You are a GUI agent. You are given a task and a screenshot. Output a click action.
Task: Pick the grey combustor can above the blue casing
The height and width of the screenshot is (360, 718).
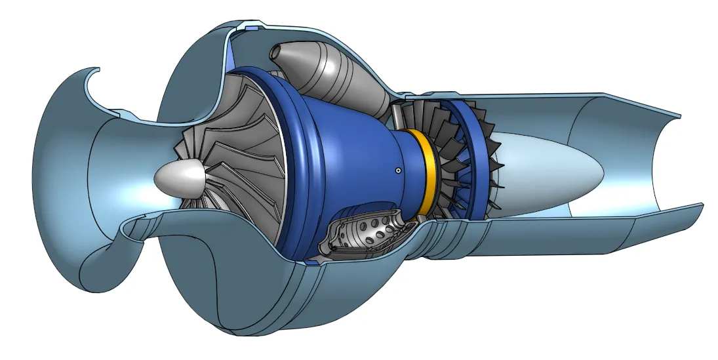334,75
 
